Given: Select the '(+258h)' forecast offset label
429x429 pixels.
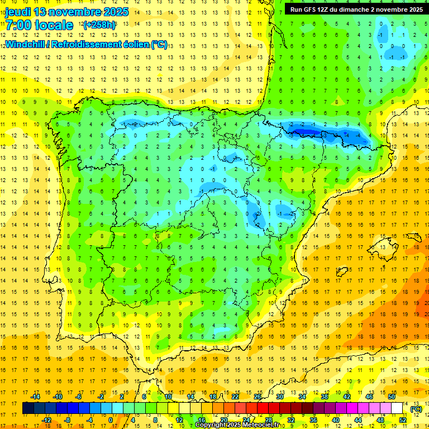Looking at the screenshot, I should (99, 25).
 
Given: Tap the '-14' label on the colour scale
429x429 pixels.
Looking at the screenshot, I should (36, 397).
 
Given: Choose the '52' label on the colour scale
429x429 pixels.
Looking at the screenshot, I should (403, 420).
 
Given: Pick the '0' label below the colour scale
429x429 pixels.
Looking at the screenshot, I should (111, 420).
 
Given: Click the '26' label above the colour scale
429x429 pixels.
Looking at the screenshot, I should (258, 397).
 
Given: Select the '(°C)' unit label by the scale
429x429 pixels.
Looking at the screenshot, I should (416, 409).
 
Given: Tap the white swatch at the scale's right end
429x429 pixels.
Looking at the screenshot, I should (403, 408).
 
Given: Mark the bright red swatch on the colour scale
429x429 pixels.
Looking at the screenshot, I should (263, 408).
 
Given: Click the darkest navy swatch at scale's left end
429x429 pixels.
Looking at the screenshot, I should (28, 408).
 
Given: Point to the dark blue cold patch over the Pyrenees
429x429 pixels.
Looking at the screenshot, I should (304, 131).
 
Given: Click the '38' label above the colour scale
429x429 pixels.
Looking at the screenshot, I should (324, 397).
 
